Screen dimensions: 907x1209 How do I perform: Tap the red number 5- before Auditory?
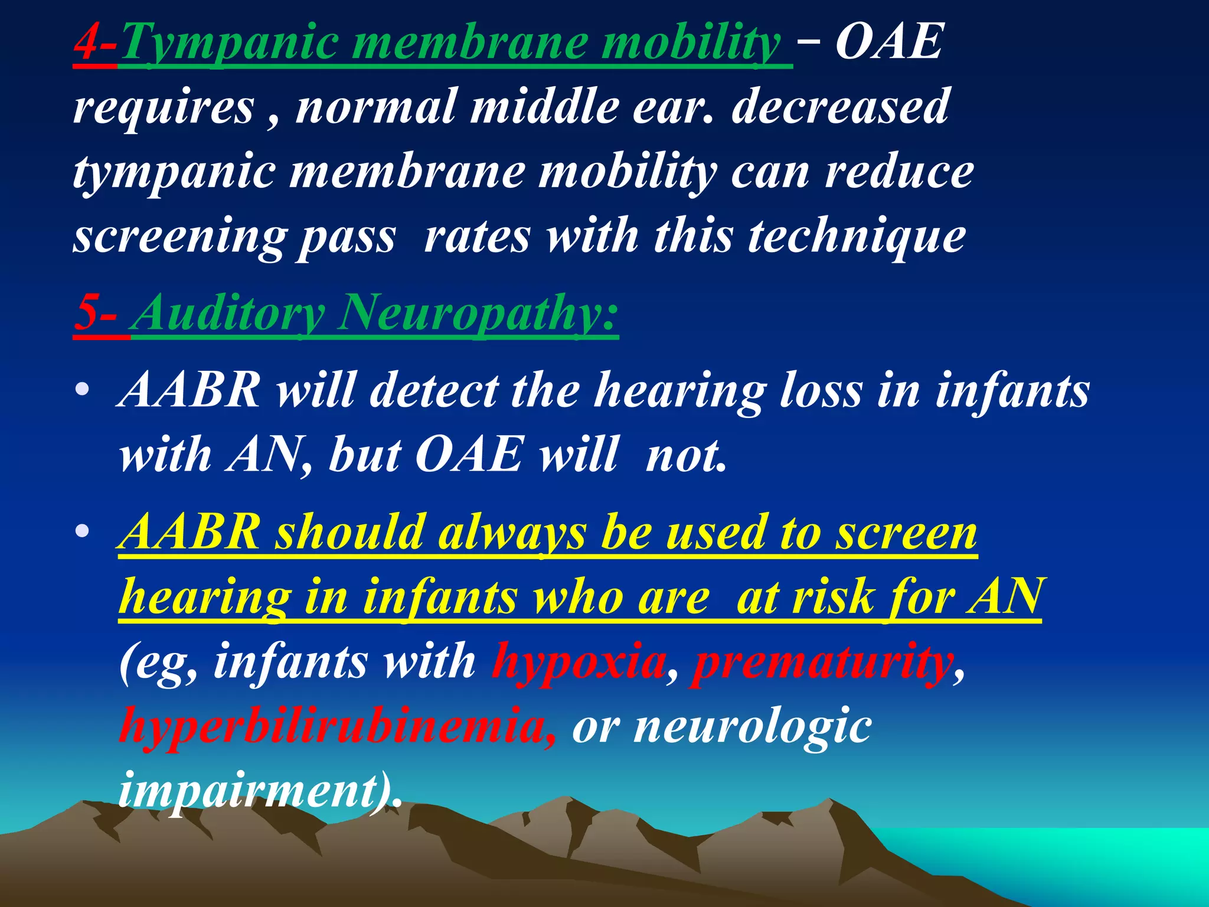96,312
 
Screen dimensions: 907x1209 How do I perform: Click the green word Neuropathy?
478,312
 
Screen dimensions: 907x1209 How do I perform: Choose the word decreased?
840,106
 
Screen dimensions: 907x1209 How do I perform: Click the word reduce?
899,172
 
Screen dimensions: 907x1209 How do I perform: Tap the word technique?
857,237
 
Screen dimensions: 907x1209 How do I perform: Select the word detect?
434,390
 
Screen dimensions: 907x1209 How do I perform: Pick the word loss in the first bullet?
821,390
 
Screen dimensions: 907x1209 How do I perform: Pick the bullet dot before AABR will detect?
83,390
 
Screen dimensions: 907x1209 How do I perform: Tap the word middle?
544,106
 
